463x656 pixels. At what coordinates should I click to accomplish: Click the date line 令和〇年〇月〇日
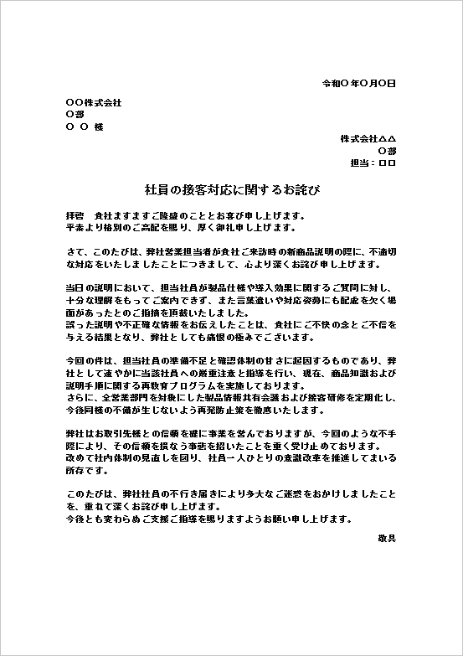click(359, 84)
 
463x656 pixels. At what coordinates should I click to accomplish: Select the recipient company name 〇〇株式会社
click(93, 102)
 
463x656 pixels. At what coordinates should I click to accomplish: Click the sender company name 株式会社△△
click(368, 138)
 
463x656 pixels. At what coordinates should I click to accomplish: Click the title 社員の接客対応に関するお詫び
click(231, 190)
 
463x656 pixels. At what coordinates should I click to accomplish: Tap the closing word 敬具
click(387, 537)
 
